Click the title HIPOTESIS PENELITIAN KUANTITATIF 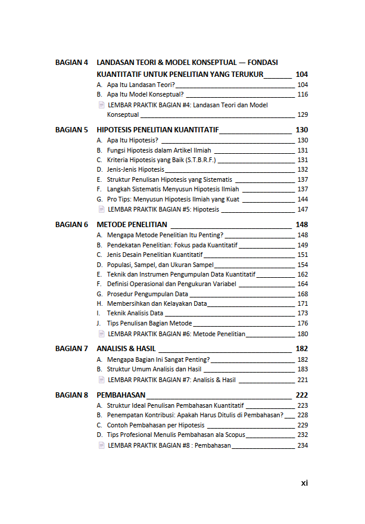[x=158, y=129]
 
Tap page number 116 [x=302, y=94]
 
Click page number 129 [x=302, y=114]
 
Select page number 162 [x=302, y=274]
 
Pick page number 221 [x=302, y=380]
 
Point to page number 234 [x=302, y=445]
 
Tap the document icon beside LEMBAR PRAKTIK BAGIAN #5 [x=101, y=209]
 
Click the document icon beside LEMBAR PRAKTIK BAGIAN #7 [x=101, y=380]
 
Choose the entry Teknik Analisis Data [x=135, y=313]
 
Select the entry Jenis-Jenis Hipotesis [x=135, y=170]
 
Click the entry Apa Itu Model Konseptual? [x=145, y=94]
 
